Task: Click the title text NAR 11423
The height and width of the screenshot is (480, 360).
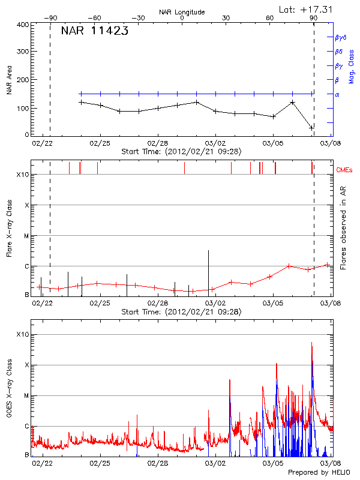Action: coord(94,31)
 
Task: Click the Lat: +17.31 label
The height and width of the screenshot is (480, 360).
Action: coord(307,9)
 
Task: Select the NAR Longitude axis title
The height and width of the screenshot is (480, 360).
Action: coord(182,12)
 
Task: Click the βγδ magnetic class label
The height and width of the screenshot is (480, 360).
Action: coord(340,37)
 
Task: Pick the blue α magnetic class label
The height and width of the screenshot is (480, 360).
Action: coord(337,94)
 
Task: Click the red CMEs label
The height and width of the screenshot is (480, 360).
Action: coord(345,171)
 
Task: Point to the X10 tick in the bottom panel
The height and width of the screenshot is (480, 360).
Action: coord(23,334)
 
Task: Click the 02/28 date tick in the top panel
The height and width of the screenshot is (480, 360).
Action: coord(157,143)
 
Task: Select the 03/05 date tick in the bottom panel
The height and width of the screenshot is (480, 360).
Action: coord(273,463)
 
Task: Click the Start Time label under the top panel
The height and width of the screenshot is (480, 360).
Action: coord(181,151)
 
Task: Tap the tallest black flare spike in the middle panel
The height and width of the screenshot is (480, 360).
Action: coord(208,270)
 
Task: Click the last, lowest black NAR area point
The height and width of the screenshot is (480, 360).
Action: coord(311,128)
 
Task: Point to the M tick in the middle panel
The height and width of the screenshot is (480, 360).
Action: coord(26,236)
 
